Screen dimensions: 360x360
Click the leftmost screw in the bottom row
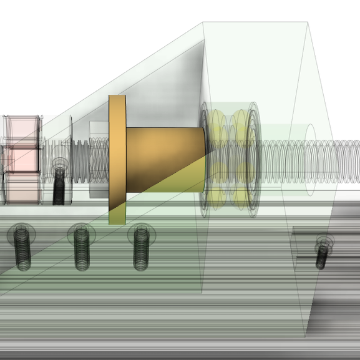(21, 248)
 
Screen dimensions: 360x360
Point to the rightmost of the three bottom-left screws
(140, 248)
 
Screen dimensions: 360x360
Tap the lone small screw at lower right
(322, 253)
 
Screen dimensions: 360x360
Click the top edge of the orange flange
(117, 97)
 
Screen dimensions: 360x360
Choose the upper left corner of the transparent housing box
(203, 24)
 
